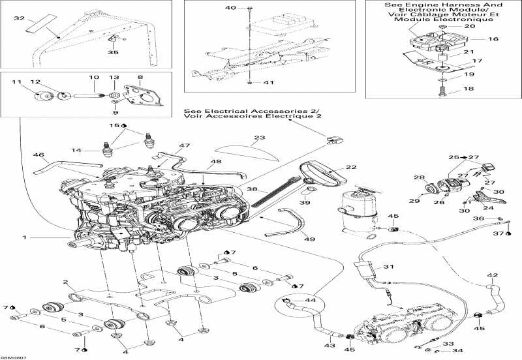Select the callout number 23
click(x=260, y=138)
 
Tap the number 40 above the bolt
click(x=230, y=8)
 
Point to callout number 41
click(x=269, y=83)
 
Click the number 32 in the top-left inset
click(x=18, y=18)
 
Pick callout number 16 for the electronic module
click(x=493, y=39)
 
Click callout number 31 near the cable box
click(x=389, y=267)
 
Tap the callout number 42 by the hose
click(x=493, y=276)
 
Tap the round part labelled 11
click(x=44, y=97)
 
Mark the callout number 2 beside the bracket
click(x=66, y=282)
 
